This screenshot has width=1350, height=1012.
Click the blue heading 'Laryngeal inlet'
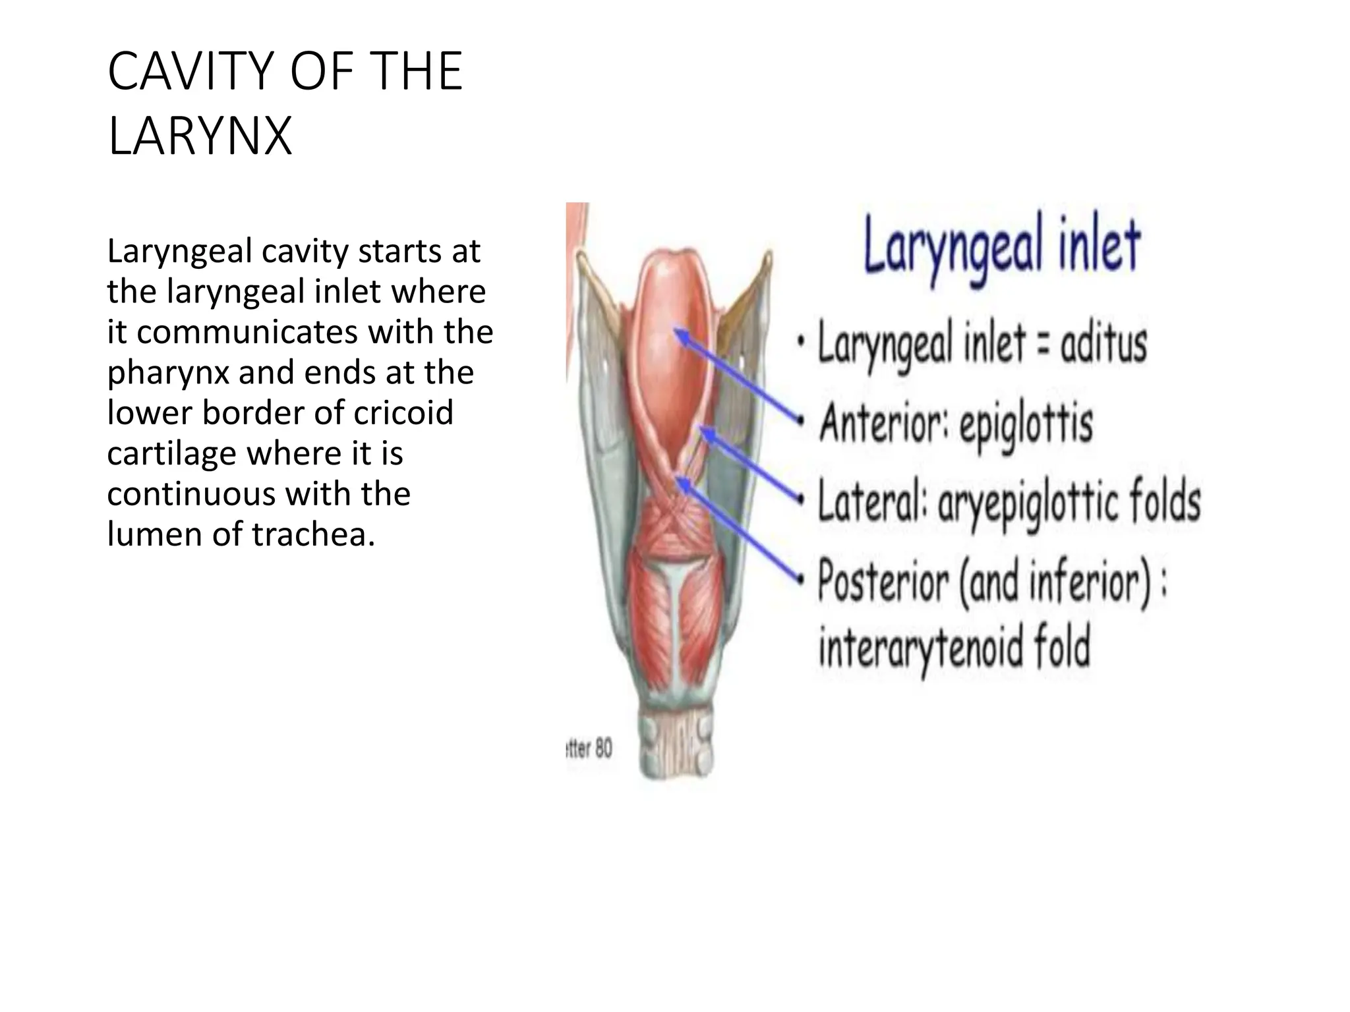point(1001,247)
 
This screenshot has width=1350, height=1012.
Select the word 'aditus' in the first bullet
point(1103,343)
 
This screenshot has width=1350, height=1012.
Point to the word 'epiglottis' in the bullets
point(1026,424)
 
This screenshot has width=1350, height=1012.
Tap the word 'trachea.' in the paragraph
point(313,534)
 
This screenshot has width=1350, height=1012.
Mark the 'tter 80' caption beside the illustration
point(589,748)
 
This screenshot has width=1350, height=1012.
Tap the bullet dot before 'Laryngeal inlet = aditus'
point(801,343)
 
